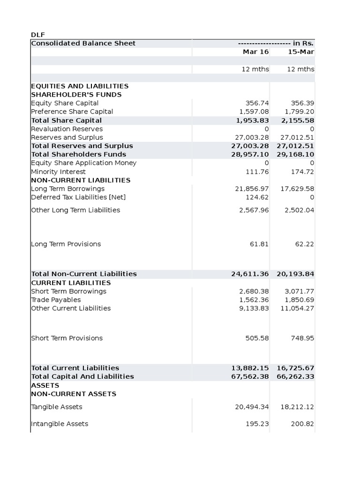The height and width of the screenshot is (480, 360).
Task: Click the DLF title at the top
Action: click(37, 35)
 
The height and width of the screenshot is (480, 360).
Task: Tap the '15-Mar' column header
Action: click(300, 52)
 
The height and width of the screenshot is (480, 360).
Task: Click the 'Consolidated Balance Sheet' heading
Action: click(83, 43)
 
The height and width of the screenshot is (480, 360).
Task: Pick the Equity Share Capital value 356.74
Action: click(257, 103)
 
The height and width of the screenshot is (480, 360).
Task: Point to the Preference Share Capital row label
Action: click(72, 112)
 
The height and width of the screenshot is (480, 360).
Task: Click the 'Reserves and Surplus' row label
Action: click(67, 137)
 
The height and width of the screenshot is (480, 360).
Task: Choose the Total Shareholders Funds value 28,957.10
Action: click(250, 154)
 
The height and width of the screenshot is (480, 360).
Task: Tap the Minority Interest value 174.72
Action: click(303, 172)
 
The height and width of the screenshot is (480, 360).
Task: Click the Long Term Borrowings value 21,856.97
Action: click(252, 188)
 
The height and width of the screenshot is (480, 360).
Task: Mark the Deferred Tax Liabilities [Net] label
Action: click(78, 197)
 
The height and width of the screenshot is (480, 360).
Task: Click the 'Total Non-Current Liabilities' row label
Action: click(84, 274)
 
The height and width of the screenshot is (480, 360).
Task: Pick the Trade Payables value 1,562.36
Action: click(254, 300)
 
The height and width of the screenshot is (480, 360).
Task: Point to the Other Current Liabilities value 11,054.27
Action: click(297, 308)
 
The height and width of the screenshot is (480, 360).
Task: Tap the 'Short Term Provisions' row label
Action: click(67, 338)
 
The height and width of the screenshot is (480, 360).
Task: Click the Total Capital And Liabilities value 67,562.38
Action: click(250, 376)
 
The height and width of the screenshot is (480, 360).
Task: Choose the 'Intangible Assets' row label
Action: click(60, 424)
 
